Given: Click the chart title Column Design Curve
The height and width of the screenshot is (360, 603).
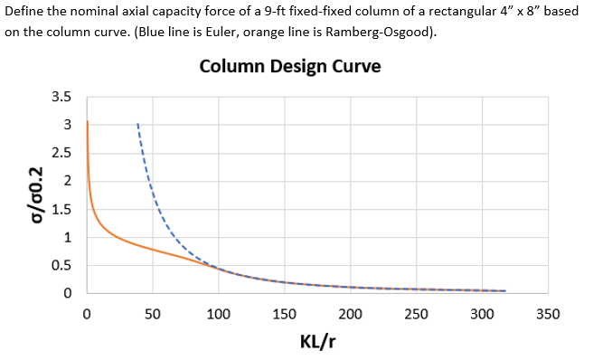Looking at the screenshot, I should point(289,67).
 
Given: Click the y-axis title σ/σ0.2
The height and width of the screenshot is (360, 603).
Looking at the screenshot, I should point(35,194).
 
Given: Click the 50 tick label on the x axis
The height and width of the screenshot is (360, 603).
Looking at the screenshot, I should point(152,315).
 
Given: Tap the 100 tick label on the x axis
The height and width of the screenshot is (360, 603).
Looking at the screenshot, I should point(218,315).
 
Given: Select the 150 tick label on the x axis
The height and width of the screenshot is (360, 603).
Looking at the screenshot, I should point(284,315).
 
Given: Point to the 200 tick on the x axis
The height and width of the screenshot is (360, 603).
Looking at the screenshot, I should point(350,315).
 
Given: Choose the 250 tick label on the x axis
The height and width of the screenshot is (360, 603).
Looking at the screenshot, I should point(416,315).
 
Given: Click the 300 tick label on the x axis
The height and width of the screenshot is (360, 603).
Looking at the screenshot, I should point(482,315).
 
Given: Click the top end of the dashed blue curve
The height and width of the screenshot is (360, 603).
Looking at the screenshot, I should point(137,124).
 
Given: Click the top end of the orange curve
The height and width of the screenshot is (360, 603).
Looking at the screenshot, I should point(87,121).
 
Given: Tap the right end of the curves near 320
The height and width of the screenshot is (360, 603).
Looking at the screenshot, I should point(505,291).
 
